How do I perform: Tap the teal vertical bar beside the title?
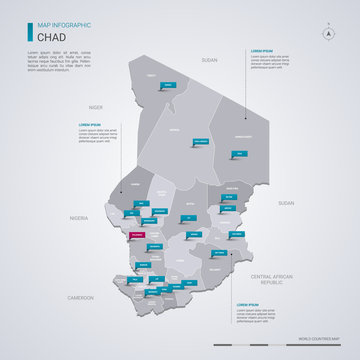(30, 33)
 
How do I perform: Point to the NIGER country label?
(96, 105)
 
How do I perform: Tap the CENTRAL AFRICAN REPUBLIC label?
(274, 278)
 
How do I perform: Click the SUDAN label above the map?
(209, 61)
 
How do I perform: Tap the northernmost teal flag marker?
(170, 86)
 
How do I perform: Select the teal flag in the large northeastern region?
(240, 152)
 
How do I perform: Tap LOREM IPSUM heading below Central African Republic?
(248, 302)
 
